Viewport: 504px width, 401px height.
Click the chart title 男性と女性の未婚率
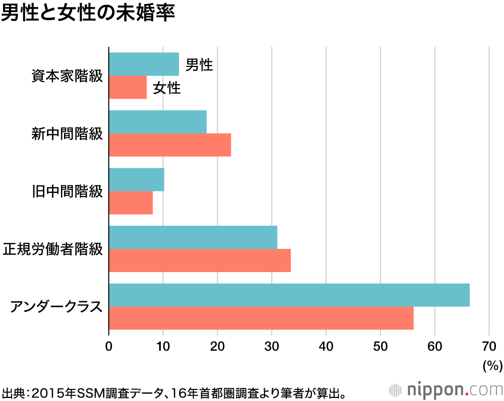coord(88,14)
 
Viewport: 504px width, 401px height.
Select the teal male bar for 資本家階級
coord(144,64)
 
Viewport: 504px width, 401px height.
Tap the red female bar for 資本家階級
coord(128,87)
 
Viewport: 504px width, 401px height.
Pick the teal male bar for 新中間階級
coord(158,122)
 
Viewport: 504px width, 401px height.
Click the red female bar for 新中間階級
coord(170,145)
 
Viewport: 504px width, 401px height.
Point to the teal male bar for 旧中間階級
coord(136,180)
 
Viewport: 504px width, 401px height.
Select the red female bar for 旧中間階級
coord(131,203)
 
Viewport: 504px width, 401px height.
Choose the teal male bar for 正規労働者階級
coord(193,237)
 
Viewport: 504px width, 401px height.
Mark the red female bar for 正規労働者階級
coord(200,260)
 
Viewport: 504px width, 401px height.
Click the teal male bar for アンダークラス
coord(289,295)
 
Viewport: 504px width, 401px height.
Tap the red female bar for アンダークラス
coord(261,318)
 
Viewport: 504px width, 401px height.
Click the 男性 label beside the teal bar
coord(199,65)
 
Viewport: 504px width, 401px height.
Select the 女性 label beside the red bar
coord(167,88)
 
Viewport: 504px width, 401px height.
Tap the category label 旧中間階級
coord(67,191)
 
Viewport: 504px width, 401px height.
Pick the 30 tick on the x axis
coord(272,346)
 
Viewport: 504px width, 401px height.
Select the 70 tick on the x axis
coord(489,346)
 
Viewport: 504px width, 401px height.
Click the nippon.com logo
coord(446,389)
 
